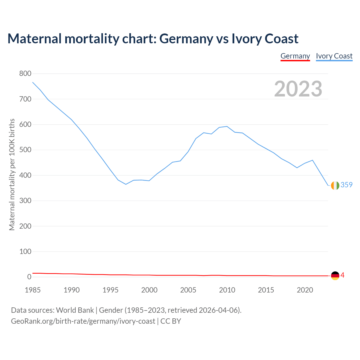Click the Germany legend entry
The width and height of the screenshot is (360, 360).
coord(295,56)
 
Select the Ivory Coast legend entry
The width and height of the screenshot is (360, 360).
coord(334,56)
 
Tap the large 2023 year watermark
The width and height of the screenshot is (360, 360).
coord(298,89)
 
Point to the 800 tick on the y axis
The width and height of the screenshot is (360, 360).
coord(25,74)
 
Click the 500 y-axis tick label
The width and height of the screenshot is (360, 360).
coord(25,150)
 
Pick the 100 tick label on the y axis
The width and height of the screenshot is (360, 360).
coord(25,251)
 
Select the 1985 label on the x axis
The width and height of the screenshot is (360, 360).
coord(33,290)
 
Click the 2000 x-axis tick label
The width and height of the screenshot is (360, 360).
coord(149,290)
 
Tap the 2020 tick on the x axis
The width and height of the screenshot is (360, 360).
coord(305,290)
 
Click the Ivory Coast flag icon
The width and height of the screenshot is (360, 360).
coord(335,185)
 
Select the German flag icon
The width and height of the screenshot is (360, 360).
coord(335,276)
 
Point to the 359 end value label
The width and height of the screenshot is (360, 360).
coord(346,185)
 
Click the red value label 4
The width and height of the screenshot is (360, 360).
coord(343,275)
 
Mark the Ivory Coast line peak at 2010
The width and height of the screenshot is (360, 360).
coord(227,126)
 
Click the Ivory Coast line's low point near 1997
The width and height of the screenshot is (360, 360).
coord(126,184)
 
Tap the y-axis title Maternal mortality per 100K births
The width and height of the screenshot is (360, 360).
coord(12,174)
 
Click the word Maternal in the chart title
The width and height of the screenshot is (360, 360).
coord(34,39)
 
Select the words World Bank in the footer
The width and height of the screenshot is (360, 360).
coord(75,310)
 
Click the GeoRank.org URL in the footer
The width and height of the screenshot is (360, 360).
coord(83,321)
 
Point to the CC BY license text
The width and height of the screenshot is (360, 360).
coord(171,321)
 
